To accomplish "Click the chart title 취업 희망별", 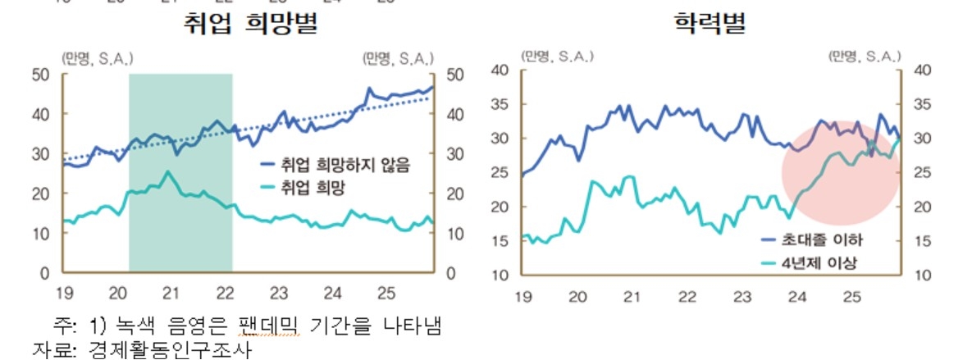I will (250, 25).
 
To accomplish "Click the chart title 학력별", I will (710, 25).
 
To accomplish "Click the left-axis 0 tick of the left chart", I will (45, 272).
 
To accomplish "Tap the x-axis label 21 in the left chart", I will (171, 293).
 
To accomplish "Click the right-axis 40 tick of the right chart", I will (922, 71).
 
